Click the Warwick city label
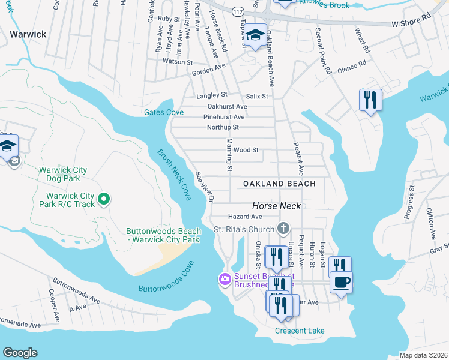coord(28,34)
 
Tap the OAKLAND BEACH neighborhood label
coord(279,183)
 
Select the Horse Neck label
coord(276,205)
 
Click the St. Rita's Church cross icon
coord(283,228)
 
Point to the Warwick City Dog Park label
coord(63,174)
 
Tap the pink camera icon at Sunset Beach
coord(224,278)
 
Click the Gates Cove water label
coord(163,112)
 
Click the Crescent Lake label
coord(300,331)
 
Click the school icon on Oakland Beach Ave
coord(256,35)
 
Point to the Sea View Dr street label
coord(205,187)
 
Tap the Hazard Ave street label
coord(245,216)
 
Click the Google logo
coord(20,353)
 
